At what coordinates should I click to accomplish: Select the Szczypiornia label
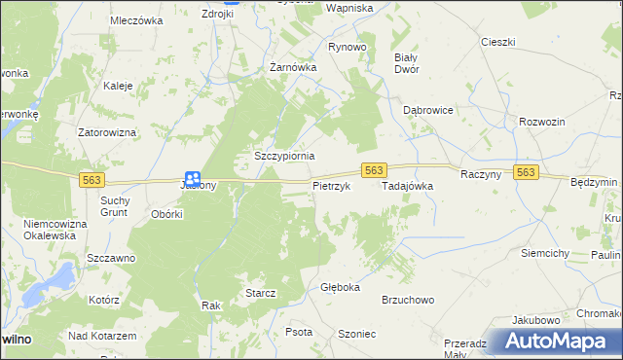tap(283, 156)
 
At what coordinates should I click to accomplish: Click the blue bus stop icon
tap(193, 178)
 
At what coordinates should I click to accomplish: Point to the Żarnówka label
tap(293, 68)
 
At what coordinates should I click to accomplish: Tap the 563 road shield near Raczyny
tap(526, 172)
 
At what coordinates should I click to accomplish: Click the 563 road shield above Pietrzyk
tap(375, 169)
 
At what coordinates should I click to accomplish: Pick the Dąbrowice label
tap(428, 110)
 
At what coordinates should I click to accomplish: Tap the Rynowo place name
tap(347, 47)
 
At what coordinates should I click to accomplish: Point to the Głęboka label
tap(340, 288)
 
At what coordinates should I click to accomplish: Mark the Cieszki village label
tap(497, 42)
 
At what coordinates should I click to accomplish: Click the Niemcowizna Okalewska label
tap(55, 230)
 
